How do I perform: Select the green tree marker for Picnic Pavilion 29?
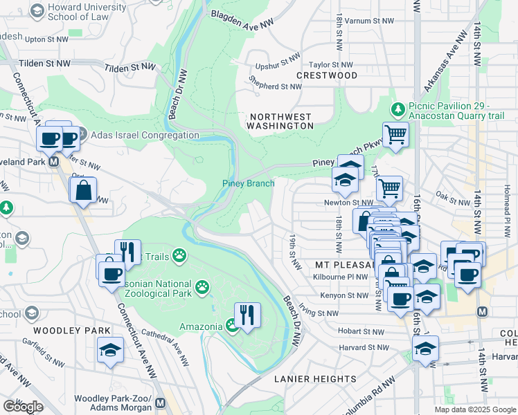pyautogui.click(x=398, y=109)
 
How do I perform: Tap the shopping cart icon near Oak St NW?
pyautogui.click(x=389, y=187)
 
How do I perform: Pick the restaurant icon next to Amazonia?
pyautogui.click(x=247, y=315)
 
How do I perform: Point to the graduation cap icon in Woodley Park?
pyautogui.click(x=110, y=350)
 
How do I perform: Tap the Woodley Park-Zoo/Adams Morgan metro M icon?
pyautogui.click(x=161, y=403)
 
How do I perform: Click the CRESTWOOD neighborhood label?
pyautogui.click(x=327, y=75)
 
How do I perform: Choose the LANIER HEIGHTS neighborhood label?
pyautogui.click(x=314, y=379)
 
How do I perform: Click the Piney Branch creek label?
pyautogui.click(x=248, y=183)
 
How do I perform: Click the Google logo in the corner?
pyautogui.click(x=23, y=407)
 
